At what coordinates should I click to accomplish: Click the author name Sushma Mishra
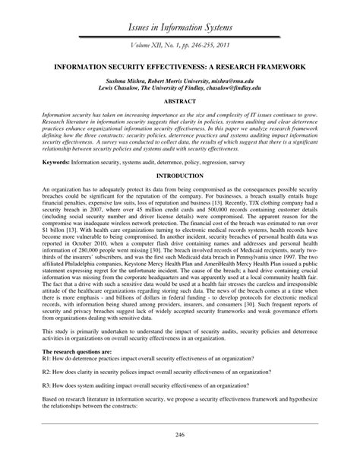126,79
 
